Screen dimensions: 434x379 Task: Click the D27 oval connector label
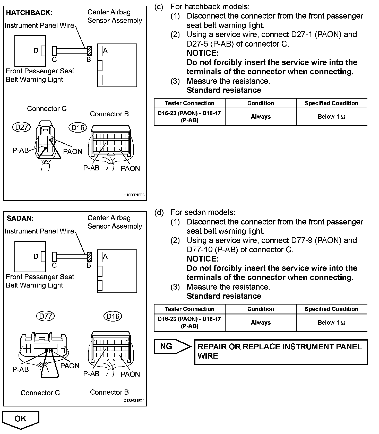[x=21, y=127]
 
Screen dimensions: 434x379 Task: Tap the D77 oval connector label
[x=46, y=316]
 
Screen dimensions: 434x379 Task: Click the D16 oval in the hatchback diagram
[x=78, y=127]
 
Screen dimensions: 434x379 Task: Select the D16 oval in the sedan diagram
[x=113, y=316]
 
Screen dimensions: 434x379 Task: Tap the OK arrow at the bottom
[x=21, y=419]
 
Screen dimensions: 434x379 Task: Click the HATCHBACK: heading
[x=29, y=13]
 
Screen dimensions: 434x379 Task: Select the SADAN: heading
[x=20, y=218]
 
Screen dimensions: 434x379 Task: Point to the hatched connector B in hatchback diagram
[x=90, y=51]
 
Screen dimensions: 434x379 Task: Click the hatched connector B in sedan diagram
[x=90, y=257]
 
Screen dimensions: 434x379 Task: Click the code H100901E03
[x=134, y=195]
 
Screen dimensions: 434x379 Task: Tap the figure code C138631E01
[x=134, y=401]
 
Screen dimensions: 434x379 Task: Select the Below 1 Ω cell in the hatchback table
[x=331, y=117]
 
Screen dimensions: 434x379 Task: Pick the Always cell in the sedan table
[x=261, y=323]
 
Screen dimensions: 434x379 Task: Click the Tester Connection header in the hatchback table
[x=189, y=103]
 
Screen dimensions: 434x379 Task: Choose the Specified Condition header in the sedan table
[x=331, y=309]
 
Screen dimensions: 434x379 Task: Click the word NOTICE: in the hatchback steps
[x=203, y=53]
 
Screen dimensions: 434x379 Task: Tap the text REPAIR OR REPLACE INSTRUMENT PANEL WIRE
[x=280, y=351]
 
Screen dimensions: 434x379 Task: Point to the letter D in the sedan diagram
[x=36, y=256]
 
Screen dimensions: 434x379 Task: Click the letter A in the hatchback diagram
[x=105, y=51]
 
